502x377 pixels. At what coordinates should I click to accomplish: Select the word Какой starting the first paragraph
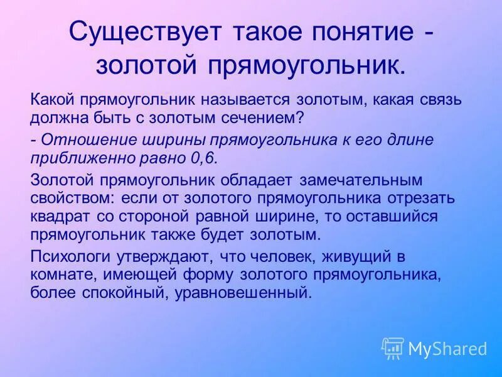[x=50, y=99]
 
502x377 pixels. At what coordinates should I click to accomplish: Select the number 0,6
[x=202, y=157]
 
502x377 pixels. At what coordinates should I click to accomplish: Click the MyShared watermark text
[x=447, y=348]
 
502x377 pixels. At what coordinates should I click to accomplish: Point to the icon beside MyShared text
[x=393, y=347]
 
